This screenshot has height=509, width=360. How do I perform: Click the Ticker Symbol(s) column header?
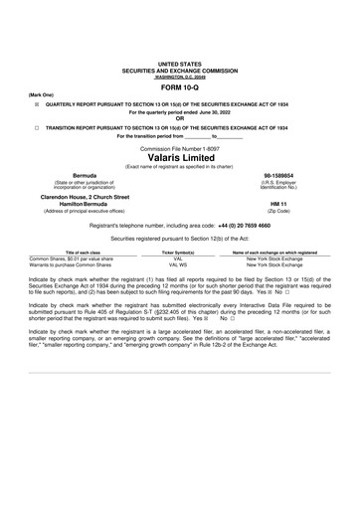179,254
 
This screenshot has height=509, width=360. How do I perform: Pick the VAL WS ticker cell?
179,265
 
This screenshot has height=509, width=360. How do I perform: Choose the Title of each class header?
77,254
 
